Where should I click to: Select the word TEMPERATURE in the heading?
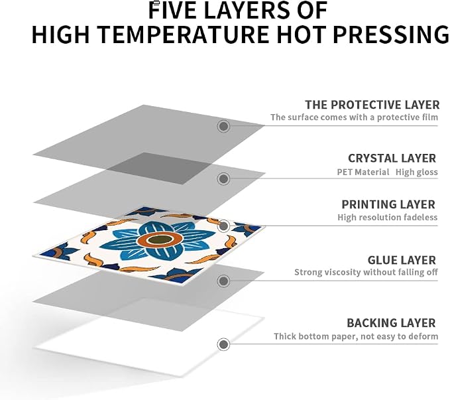click(184, 34)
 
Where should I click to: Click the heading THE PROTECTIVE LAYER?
click(372, 105)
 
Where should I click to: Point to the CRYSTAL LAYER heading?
click(392, 159)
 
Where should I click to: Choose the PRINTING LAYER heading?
click(388, 204)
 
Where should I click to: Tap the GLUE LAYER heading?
click(402, 260)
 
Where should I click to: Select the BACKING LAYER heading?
click(391, 323)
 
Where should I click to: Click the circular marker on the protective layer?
click(223, 126)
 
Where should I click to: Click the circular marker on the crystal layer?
click(223, 178)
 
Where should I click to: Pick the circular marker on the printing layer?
click(223, 226)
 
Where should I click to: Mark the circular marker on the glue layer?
click(223, 281)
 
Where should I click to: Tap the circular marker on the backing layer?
click(223, 344)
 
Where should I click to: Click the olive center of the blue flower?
click(160, 239)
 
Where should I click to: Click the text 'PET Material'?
click(363, 172)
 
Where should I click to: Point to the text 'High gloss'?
click(417, 172)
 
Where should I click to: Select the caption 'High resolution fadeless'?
click(388, 217)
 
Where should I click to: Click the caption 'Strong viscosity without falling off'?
click(366, 272)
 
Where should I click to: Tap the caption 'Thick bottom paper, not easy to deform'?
click(356, 336)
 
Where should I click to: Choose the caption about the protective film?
click(354, 117)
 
